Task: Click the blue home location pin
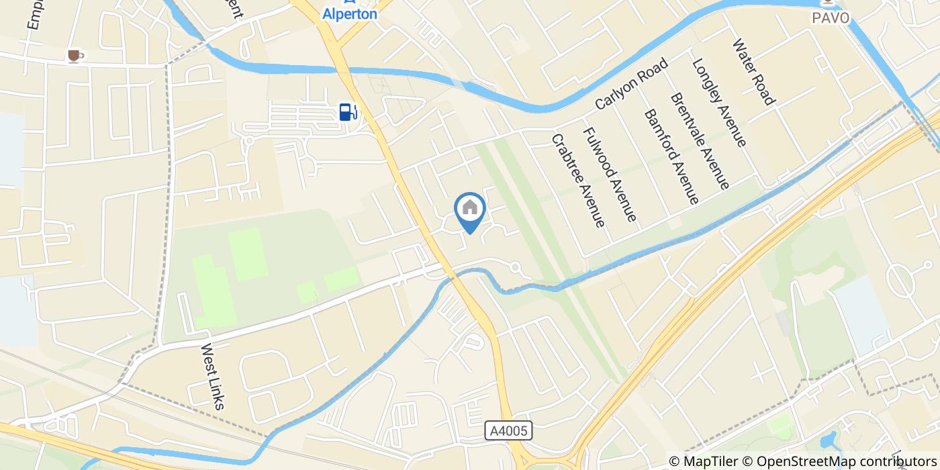click(470, 211)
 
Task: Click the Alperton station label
click(349, 13)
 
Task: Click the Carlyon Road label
click(631, 84)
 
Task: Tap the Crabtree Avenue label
click(578, 179)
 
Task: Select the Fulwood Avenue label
click(609, 175)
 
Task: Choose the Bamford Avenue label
click(671, 156)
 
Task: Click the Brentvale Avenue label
click(700, 140)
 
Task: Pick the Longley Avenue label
click(718, 102)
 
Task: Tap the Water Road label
click(753, 72)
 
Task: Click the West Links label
click(213, 377)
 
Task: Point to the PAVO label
click(831, 17)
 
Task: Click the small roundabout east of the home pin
click(516, 267)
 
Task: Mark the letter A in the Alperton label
click(327, 13)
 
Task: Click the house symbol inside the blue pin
click(470, 207)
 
